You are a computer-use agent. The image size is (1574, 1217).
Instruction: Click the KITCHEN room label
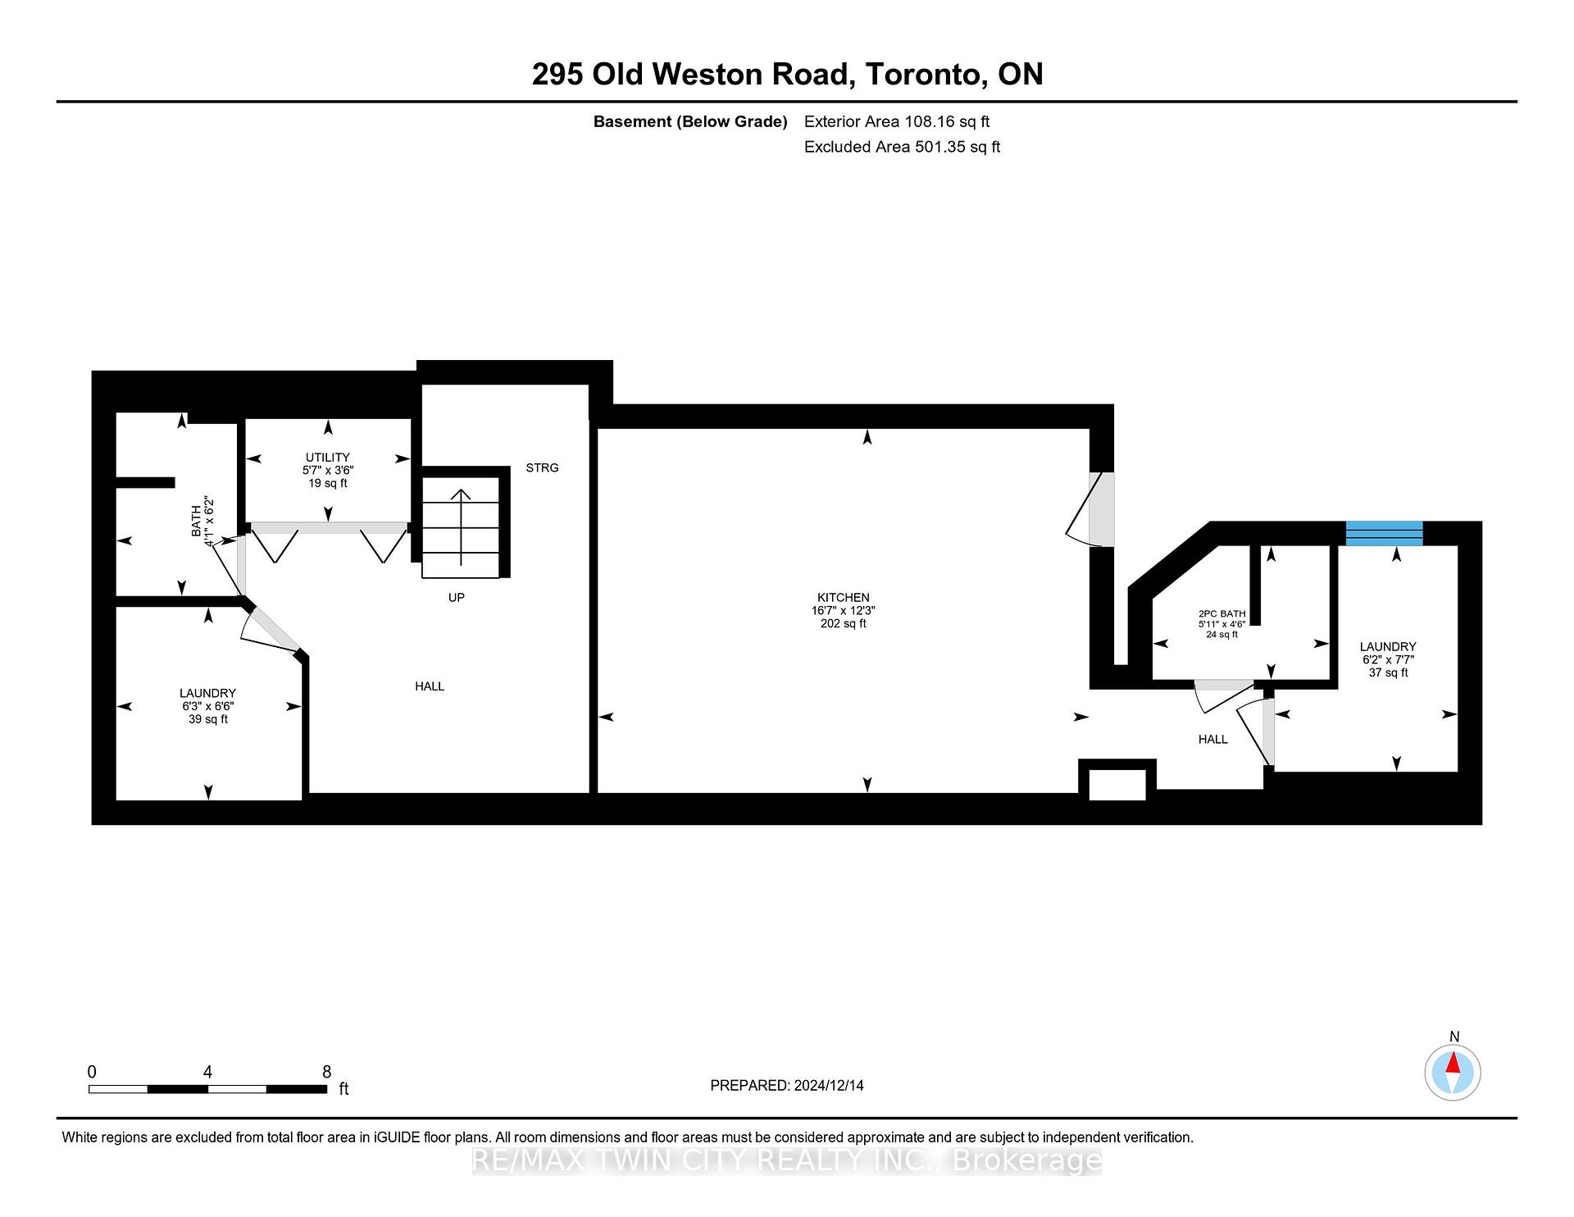(843, 597)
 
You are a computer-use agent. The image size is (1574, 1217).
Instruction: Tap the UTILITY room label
(327, 457)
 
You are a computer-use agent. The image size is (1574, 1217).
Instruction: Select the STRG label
(542, 467)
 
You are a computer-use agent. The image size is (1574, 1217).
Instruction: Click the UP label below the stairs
(457, 597)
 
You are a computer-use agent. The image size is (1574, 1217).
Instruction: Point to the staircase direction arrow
(461, 525)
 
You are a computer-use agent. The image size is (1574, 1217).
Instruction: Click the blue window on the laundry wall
(1384, 533)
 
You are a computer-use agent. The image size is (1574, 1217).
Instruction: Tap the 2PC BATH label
(1221, 613)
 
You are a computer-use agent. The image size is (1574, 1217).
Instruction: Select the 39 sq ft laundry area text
(208, 719)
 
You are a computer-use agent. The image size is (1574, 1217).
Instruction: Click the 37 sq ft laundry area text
(1388, 672)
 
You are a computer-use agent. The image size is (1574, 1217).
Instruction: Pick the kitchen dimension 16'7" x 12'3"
(843, 610)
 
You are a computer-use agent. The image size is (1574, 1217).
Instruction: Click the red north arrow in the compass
(1453, 1064)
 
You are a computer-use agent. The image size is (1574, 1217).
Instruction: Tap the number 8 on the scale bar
(326, 1072)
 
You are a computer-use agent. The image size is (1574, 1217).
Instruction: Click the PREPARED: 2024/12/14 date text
(786, 1085)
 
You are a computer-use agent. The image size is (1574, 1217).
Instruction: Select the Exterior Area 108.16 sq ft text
(896, 121)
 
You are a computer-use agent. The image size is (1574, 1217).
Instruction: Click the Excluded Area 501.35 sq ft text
(902, 147)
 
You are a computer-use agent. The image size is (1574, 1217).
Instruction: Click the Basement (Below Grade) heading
(689, 121)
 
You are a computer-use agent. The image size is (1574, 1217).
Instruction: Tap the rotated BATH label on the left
(196, 521)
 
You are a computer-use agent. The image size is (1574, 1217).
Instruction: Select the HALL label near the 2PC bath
(1212, 739)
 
